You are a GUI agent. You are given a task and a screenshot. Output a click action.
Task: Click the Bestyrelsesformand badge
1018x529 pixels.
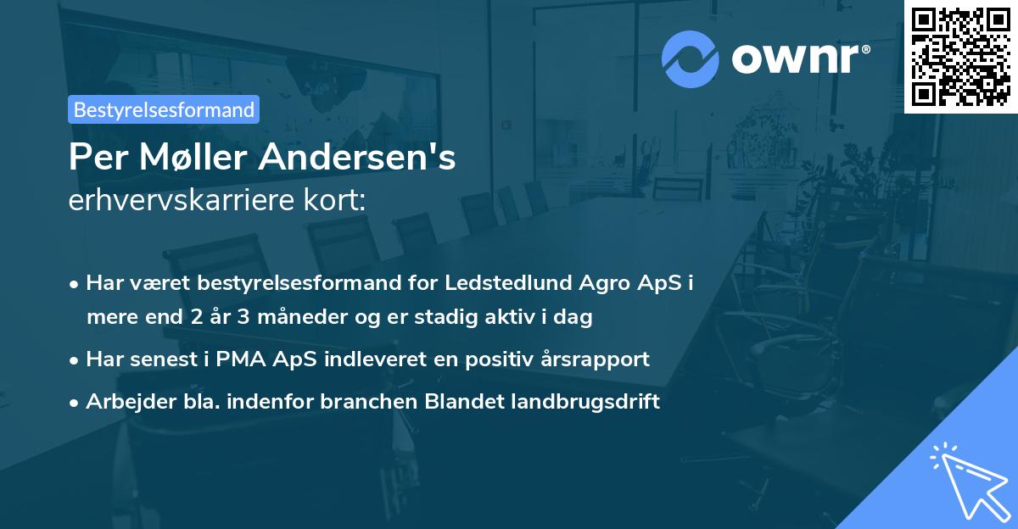click(164, 109)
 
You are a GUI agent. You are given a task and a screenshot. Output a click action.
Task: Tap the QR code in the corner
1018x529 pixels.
click(960, 56)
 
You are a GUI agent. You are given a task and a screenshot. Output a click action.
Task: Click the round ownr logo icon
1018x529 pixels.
click(691, 59)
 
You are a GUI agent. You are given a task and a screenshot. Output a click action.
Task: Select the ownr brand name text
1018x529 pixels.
click(799, 58)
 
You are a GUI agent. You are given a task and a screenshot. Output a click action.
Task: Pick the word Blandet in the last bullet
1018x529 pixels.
click(463, 401)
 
